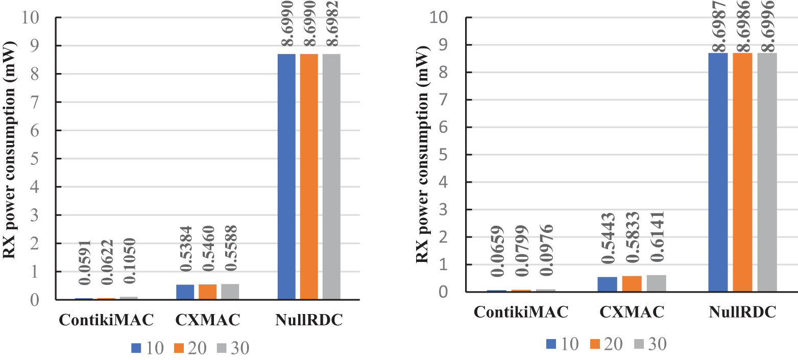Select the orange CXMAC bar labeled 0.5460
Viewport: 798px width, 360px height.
point(207,292)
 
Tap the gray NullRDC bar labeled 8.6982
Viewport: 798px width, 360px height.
point(331,176)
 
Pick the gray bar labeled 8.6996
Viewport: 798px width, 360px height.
point(767,172)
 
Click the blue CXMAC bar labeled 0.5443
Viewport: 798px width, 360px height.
point(608,284)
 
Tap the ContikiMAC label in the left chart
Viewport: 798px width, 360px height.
point(106,320)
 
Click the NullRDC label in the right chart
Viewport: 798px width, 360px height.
point(743,312)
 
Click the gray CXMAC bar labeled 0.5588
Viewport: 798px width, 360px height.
point(230,292)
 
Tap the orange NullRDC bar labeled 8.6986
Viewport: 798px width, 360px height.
point(742,172)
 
